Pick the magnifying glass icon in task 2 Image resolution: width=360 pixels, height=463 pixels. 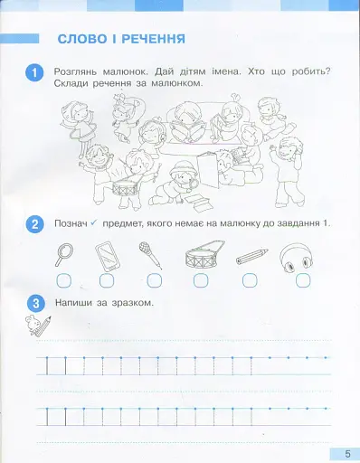64,254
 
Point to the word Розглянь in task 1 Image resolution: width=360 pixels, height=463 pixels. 81,70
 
